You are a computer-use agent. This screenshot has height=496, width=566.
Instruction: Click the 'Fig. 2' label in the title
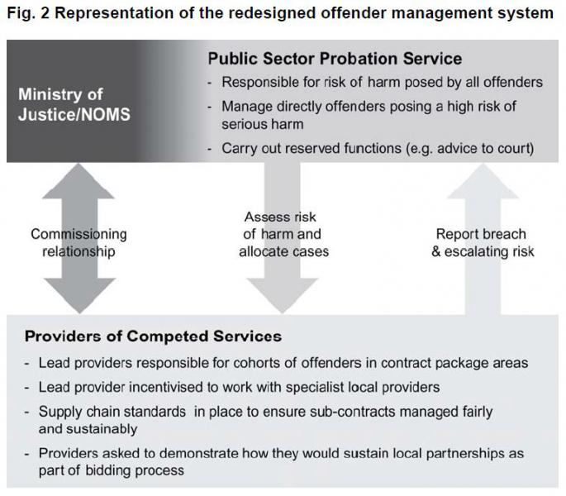[x=29, y=13]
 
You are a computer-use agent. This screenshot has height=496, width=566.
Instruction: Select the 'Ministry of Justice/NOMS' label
[x=74, y=104]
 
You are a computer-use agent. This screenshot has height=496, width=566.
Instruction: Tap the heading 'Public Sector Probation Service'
[x=335, y=59]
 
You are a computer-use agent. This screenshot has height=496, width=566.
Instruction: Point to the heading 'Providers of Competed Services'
[x=153, y=336]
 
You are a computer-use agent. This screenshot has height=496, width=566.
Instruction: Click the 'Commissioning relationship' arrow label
[x=78, y=243]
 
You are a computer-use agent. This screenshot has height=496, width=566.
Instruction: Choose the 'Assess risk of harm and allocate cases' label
[x=283, y=234]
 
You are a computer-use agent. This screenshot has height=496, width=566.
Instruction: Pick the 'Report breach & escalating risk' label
[x=483, y=243]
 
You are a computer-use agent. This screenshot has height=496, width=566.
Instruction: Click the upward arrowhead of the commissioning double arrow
[x=78, y=181]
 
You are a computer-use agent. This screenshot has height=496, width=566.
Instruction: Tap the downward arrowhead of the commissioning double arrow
[x=79, y=295]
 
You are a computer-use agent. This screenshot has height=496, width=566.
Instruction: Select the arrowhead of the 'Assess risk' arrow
[x=282, y=295]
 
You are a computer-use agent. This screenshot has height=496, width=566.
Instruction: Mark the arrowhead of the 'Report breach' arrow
[x=483, y=181]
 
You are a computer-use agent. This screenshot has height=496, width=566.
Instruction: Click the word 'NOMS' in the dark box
[x=106, y=115]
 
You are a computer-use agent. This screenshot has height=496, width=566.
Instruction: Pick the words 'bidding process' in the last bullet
[x=135, y=470]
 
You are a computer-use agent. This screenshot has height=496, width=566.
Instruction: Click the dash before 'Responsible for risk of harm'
[x=210, y=83]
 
